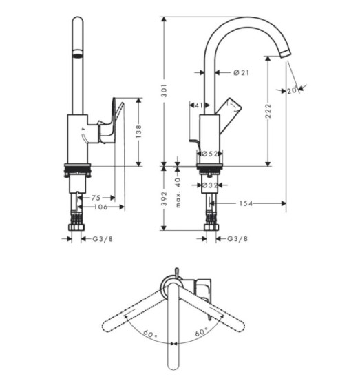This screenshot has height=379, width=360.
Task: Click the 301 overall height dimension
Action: click(165, 90)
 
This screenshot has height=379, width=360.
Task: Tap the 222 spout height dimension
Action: click(268, 111)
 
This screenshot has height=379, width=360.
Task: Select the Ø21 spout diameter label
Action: click(241, 72)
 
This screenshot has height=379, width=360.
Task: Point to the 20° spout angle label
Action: click(292, 90)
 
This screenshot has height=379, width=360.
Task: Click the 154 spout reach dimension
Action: click(246, 203)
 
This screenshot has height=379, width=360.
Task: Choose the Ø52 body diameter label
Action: click(209, 154)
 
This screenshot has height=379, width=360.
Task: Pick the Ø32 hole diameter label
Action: click(209, 185)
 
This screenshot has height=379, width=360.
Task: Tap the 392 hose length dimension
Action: click(165, 198)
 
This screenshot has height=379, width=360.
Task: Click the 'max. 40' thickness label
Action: click(178, 192)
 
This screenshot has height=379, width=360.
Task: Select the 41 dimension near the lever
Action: click(199, 105)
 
